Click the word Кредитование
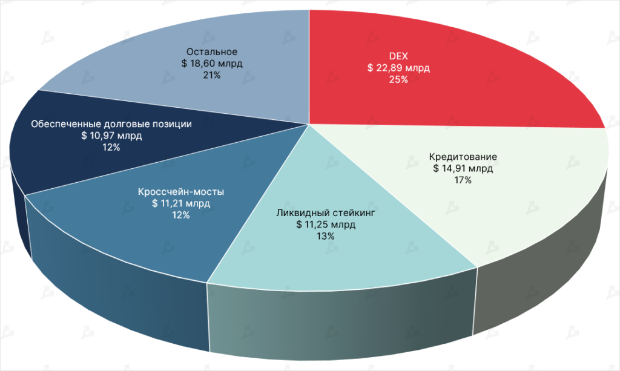point(463,157)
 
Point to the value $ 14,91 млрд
point(463,168)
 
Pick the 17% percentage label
point(463,180)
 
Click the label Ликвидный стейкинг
point(326,212)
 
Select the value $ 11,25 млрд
point(326,224)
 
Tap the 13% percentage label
point(326,236)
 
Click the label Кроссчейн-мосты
point(181,192)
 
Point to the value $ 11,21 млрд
point(181,203)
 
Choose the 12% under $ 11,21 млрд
point(181,215)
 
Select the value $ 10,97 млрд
point(111,136)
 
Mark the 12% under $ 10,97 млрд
point(111,147)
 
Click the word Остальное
point(212,51)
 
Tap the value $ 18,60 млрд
point(212,63)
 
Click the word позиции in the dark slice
point(173,124)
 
